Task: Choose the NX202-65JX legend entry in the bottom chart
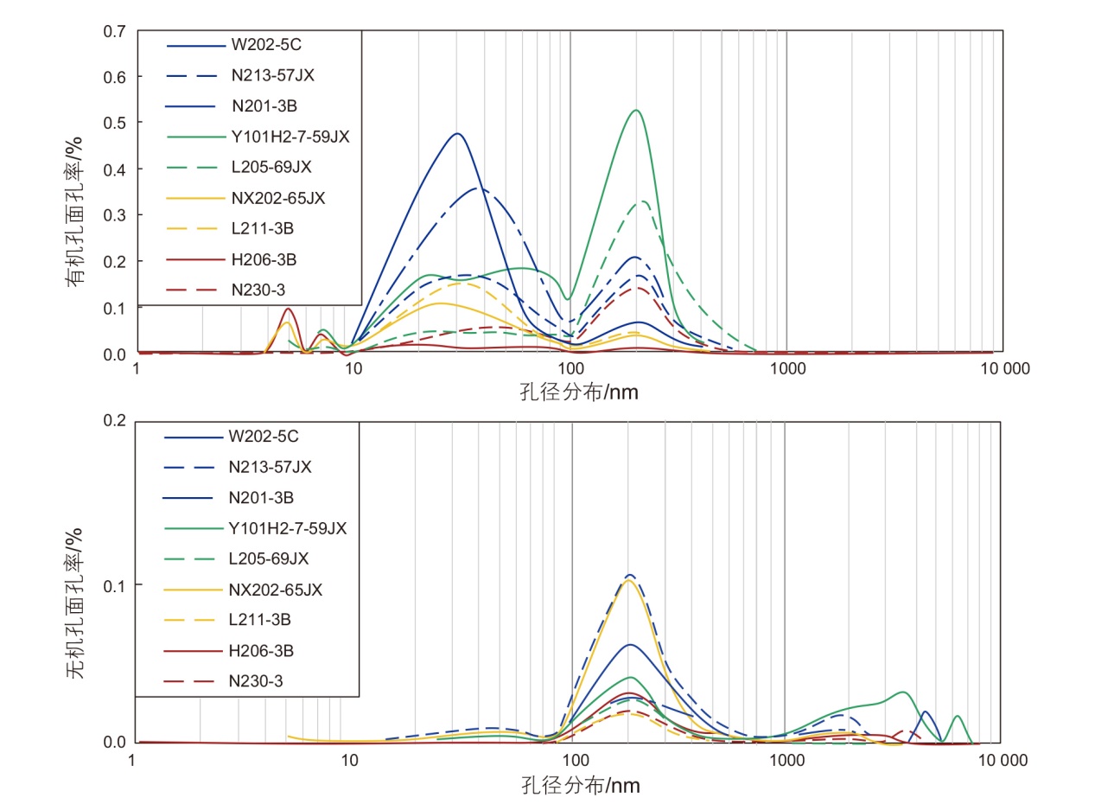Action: (x=275, y=590)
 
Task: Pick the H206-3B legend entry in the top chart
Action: (x=264, y=259)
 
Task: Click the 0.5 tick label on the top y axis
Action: (x=115, y=124)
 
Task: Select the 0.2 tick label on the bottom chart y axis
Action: (x=115, y=421)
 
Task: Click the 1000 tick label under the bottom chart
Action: (x=786, y=760)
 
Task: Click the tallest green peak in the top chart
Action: (x=636, y=111)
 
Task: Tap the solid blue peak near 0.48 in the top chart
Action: (x=457, y=134)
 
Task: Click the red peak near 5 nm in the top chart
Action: (x=289, y=309)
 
